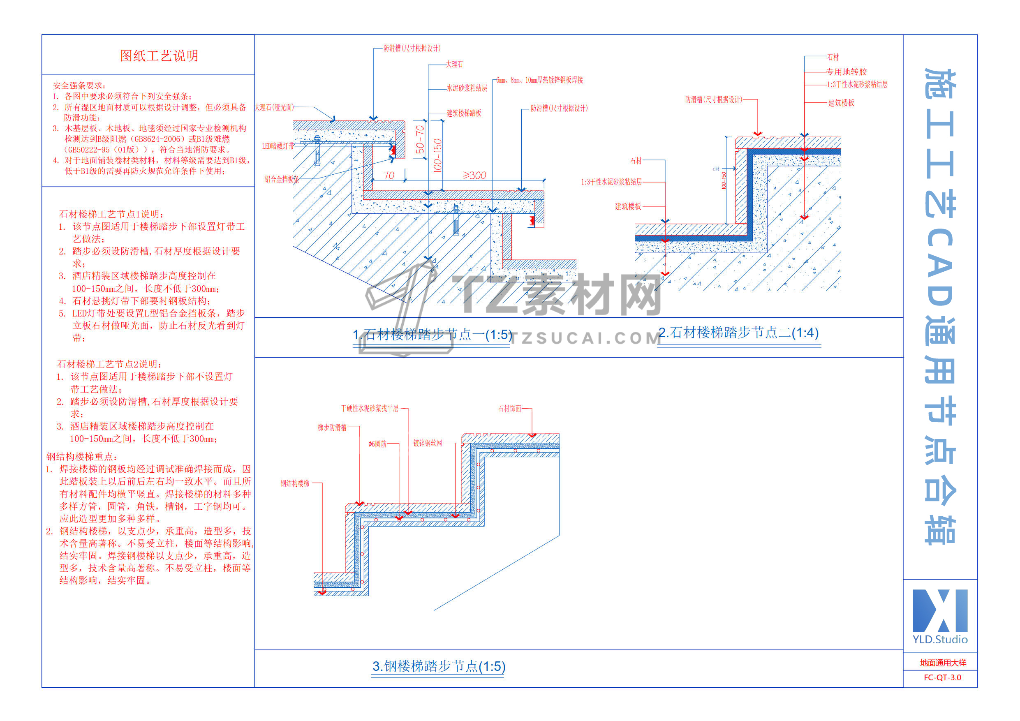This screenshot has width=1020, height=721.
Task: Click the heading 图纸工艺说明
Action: tap(159, 56)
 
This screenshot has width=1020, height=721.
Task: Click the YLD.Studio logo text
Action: tap(939, 639)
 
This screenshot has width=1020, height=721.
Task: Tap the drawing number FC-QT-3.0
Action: tap(942, 677)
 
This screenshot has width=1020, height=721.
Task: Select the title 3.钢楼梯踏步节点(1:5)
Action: tap(439, 666)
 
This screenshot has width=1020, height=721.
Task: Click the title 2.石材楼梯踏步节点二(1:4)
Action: tap(738, 332)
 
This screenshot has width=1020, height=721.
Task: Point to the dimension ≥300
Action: tap(474, 176)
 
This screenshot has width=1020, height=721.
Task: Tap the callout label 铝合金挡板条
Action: tap(282, 179)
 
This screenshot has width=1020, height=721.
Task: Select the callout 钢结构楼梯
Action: tap(294, 483)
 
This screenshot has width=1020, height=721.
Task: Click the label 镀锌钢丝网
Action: tap(428, 443)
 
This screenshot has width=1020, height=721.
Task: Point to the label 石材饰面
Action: tap(509, 408)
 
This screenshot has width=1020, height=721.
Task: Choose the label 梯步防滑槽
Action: tap(332, 428)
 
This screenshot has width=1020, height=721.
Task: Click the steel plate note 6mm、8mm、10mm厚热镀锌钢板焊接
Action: tap(539, 80)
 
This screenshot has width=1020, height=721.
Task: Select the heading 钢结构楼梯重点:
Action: tap(82, 457)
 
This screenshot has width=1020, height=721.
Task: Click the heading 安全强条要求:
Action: tap(79, 85)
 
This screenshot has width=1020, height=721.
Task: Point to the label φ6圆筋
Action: tap(377, 444)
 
